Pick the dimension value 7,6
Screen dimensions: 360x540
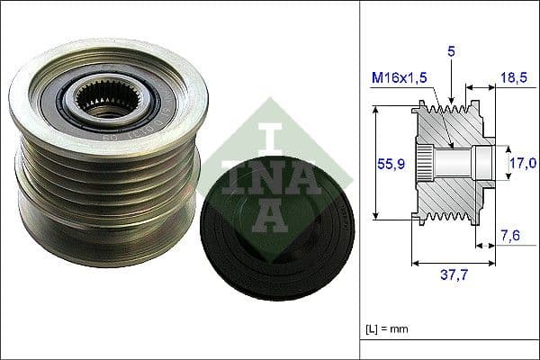click(511, 236)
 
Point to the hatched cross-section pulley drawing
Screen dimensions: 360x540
click(450, 162)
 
